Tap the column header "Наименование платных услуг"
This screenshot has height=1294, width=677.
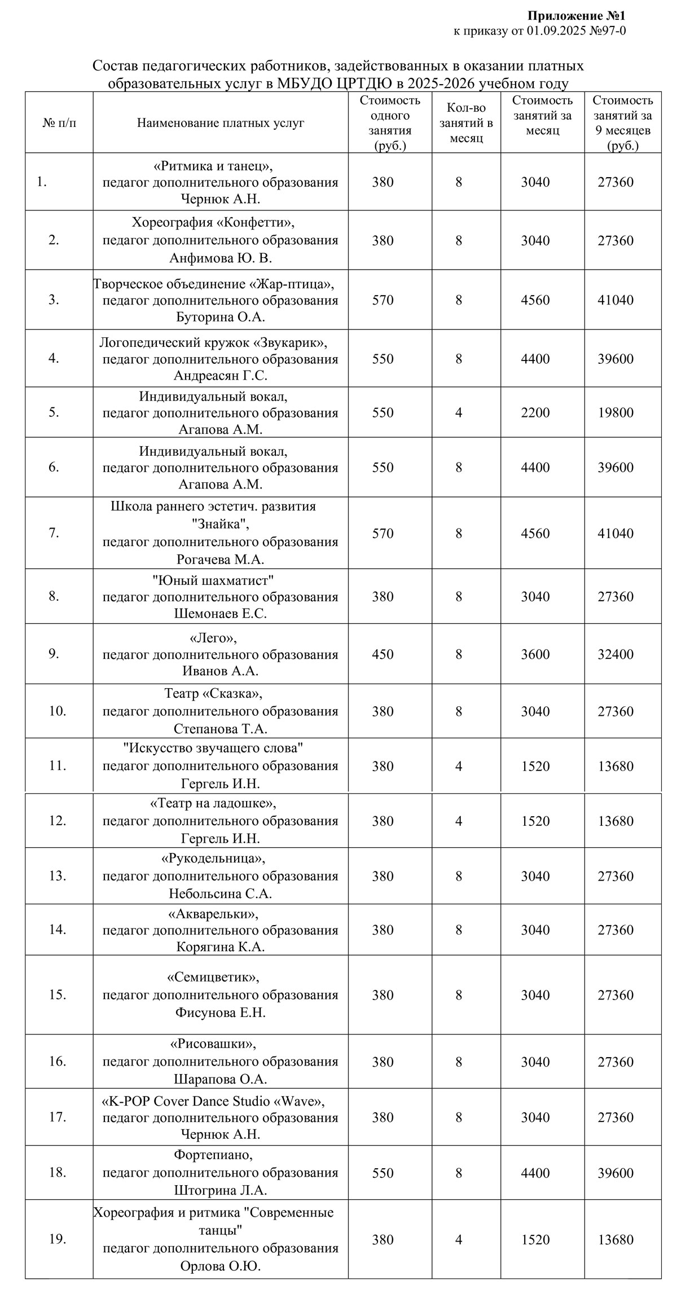221,122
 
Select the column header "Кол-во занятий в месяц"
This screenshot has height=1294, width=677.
466,122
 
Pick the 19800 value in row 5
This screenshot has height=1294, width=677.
616,412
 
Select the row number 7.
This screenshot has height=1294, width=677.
54,532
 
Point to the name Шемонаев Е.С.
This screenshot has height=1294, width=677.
221,614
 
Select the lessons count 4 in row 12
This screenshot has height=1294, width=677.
459,821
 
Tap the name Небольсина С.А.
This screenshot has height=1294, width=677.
221,894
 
